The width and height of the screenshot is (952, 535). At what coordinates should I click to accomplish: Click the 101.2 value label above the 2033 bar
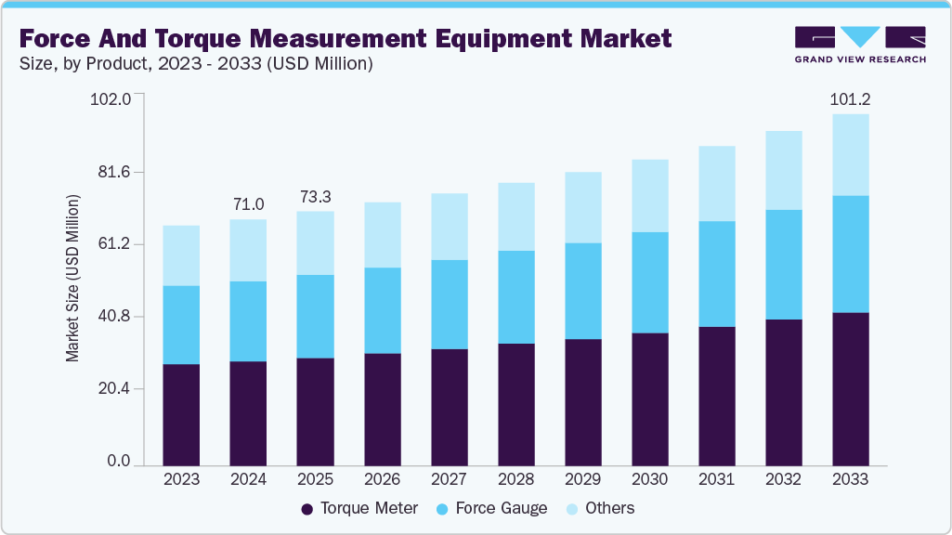pyautogui.click(x=851, y=99)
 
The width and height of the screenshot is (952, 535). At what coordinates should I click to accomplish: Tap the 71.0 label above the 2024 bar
pyautogui.click(x=248, y=204)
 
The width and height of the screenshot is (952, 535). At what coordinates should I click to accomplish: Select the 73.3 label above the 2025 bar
pyautogui.click(x=315, y=197)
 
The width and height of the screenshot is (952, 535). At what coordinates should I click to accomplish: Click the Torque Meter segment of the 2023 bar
pyautogui.click(x=181, y=414)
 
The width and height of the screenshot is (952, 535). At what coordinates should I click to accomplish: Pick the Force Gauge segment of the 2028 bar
pyautogui.click(x=516, y=297)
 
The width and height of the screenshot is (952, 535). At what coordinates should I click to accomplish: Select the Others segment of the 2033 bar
pyautogui.click(x=851, y=155)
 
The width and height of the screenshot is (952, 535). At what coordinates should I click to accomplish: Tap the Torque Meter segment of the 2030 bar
pyautogui.click(x=650, y=398)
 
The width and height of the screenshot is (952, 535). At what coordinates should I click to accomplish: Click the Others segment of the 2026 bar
pyautogui.click(x=382, y=235)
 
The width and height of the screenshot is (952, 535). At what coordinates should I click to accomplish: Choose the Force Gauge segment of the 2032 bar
pyautogui.click(x=784, y=265)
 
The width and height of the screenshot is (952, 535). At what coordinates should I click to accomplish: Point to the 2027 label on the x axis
pyautogui.click(x=450, y=479)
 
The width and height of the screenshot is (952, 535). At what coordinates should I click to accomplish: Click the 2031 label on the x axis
pyautogui.click(x=717, y=479)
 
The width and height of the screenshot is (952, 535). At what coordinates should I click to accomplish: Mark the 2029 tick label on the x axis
pyautogui.click(x=583, y=479)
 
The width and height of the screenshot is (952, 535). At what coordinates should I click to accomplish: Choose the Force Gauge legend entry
pyautogui.click(x=491, y=508)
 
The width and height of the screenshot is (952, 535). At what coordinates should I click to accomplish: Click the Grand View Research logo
pyautogui.click(x=860, y=45)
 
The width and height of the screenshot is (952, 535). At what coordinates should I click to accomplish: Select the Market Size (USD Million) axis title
pyautogui.click(x=73, y=279)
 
